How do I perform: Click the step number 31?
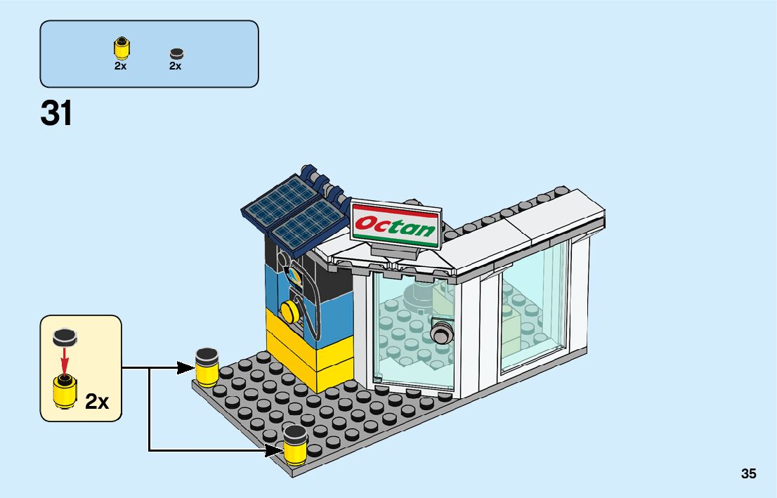[56, 113]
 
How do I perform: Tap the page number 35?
[748, 474]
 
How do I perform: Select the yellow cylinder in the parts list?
[121, 48]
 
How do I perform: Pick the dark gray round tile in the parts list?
[176, 53]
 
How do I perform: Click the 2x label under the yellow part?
[121, 66]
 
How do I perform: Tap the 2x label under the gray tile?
[176, 66]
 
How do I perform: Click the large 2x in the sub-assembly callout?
[96, 402]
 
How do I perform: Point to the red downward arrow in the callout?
[65, 362]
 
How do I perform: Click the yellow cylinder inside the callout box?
[65, 392]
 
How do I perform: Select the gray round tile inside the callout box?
[65, 338]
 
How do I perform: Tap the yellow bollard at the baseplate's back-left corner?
[207, 367]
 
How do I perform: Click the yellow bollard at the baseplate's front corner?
[295, 445]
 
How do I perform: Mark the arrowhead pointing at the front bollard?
[274, 450]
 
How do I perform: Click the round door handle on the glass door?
[441, 334]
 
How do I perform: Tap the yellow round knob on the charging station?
[287, 310]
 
